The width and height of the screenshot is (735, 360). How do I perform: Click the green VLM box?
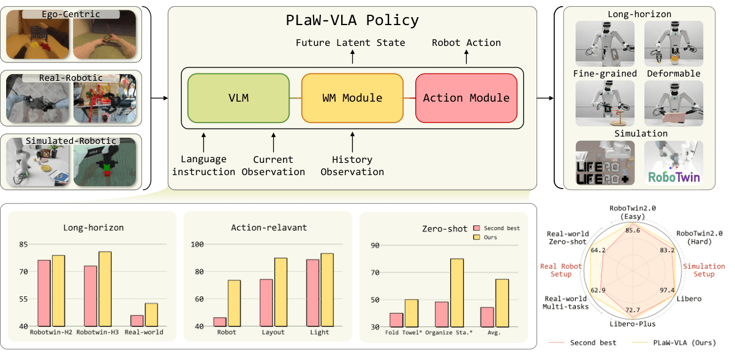click(238, 98)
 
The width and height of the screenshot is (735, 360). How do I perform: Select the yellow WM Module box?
click(352, 98)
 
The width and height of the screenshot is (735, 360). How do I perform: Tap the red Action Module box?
click(466, 98)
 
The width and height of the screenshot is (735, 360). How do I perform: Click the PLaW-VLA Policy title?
click(352, 20)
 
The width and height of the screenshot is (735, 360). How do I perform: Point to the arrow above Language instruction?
click(204, 143)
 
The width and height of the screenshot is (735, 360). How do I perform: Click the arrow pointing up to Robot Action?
click(466, 57)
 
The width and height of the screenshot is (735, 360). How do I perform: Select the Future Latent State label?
click(350, 43)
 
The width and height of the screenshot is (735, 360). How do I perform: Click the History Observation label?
click(352, 165)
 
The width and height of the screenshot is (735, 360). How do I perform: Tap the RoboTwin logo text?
click(674, 178)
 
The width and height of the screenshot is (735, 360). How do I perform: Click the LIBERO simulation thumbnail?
click(605, 163)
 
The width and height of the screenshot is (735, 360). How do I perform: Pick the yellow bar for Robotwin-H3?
click(105, 289)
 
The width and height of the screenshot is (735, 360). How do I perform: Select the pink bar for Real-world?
click(137, 321)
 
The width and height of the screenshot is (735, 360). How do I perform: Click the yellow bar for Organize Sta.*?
click(457, 293)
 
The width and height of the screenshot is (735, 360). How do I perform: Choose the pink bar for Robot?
click(220, 322)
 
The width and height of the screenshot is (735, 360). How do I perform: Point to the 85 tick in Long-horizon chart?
click(23, 244)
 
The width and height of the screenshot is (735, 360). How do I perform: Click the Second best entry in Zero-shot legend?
click(497, 228)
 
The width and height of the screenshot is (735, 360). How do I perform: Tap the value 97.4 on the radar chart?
click(667, 290)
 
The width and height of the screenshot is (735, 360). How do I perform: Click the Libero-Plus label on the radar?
click(633, 324)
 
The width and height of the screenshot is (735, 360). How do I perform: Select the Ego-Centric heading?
click(71, 14)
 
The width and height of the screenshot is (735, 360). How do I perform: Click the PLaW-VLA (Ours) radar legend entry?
click(674, 343)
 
